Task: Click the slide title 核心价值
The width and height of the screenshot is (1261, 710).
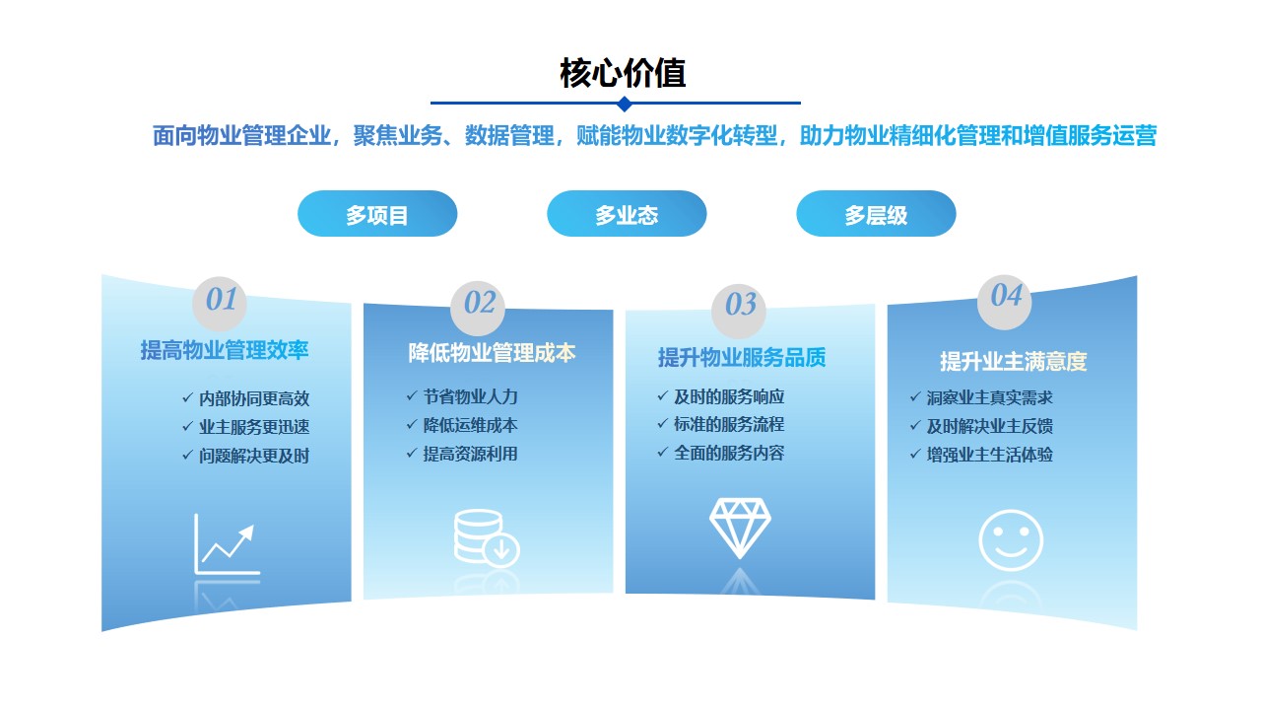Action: click(x=623, y=73)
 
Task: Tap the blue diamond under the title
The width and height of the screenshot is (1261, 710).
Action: click(x=624, y=104)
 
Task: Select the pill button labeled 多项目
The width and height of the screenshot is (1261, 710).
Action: click(x=377, y=214)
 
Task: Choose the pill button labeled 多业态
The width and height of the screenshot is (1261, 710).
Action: click(x=627, y=214)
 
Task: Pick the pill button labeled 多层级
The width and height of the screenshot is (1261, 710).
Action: click(x=876, y=214)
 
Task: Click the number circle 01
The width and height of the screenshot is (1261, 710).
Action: click(x=220, y=303)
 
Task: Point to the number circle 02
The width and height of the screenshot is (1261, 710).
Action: click(x=478, y=308)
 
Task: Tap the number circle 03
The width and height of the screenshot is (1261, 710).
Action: click(x=739, y=311)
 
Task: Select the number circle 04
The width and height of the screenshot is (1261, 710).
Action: click(x=1004, y=302)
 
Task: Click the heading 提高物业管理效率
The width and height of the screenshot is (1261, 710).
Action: click(x=224, y=350)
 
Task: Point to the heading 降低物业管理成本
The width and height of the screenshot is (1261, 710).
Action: click(x=492, y=353)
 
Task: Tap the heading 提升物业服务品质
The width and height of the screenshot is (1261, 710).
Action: click(x=742, y=357)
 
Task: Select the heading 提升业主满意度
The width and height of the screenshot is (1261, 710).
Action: click(x=1014, y=361)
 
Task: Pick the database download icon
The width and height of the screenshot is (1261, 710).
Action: click(x=487, y=537)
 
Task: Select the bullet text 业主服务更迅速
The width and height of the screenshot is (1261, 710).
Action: click(x=254, y=427)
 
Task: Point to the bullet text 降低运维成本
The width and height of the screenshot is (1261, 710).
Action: click(x=470, y=425)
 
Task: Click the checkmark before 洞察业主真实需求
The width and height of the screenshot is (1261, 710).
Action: click(x=915, y=397)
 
